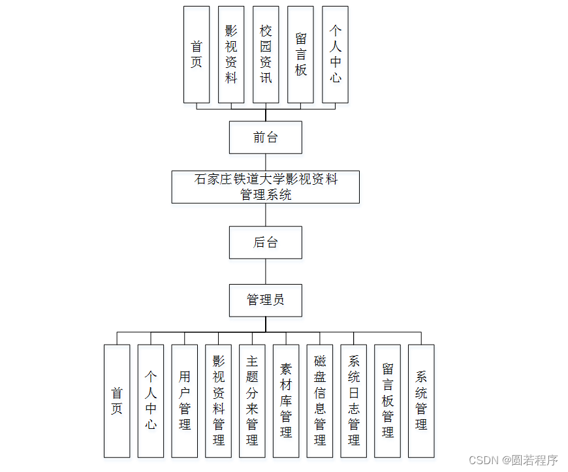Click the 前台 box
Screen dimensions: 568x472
[x=265, y=137]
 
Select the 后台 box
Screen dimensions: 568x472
[x=265, y=242]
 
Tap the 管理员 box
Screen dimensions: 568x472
[x=265, y=300]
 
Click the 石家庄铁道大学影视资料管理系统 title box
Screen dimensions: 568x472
[x=265, y=187]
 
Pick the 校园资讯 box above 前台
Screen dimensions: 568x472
[x=266, y=54]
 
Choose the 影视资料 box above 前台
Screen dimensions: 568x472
[x=231, y=54]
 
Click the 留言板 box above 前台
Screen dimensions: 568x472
[x=300, y=54]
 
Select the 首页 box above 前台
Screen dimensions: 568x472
[x=197, y=54]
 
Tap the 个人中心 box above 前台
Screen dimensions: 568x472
[x=335, y=54]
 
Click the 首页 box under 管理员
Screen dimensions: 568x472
[x=117, y=401]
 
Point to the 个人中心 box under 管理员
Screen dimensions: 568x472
[x=151, y=401]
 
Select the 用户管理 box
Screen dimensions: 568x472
[x=185, y=401]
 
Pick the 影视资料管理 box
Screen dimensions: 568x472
[x=218, y=401]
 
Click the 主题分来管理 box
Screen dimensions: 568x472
[x=252, y=401]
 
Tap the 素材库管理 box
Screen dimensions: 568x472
[x=286, y=401]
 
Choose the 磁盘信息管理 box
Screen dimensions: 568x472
[x=320, y=401]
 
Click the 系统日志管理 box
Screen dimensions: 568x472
[x=354, y=401]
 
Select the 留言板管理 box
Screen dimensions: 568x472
[x=388, y=401]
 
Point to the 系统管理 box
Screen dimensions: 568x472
[x=421, y=401]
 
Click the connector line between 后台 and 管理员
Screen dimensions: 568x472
[x=265, y=271]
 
